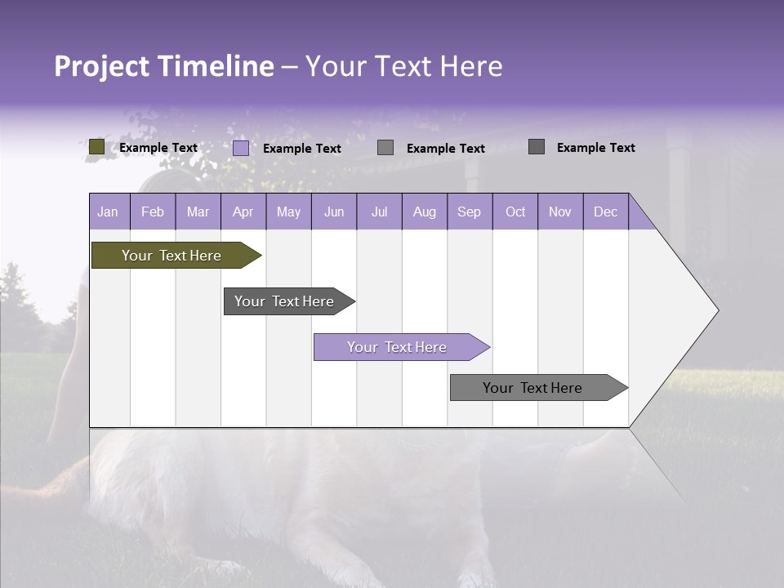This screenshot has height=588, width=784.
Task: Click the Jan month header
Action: pos(108,212)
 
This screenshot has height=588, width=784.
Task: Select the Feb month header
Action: pos(153,212)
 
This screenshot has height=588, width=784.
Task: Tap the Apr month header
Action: pos(243,212)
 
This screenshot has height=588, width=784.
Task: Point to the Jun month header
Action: pos(334,212)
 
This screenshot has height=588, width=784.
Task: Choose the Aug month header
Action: pos(424,212)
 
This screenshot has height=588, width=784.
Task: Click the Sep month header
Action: pos(469,212)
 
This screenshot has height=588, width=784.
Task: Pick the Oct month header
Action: pos(515,212)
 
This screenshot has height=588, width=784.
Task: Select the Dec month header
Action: pos(605,212)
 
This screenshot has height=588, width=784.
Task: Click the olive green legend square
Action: pos(96,147)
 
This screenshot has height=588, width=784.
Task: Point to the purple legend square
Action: pos(241,148)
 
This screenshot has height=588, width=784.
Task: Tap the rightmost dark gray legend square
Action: pos(537,147)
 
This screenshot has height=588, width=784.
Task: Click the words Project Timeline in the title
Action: pos(163,66)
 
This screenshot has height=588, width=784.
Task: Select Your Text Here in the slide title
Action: pos(403,66)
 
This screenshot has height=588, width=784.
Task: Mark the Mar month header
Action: pos(198,212)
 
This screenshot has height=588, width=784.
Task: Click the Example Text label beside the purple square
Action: pos(302,149)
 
